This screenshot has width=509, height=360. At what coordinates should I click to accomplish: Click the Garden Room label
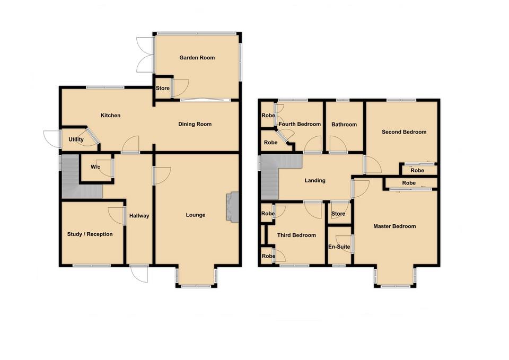coord(197,58)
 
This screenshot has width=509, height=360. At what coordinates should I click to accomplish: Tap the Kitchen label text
coord(111,116)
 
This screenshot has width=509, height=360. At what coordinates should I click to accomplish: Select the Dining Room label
coord(195,125)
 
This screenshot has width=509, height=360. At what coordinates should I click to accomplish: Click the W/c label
coord(95,168)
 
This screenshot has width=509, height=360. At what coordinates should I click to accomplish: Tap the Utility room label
coord(76,140)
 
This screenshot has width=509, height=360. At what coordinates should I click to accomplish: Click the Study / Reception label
coord(90,234)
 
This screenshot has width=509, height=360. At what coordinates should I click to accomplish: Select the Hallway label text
coord(139,216)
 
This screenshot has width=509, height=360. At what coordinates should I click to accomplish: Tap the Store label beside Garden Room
coord(162,89)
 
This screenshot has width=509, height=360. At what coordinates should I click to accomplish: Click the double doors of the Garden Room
coord(144,54)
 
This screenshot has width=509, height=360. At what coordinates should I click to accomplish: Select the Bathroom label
coord(344,125)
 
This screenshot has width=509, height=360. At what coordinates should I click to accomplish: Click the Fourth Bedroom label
coord(300,125)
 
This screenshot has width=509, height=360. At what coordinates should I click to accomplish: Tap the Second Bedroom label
coord(404,133)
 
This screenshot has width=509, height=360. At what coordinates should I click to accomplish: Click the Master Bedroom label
coord(394,226)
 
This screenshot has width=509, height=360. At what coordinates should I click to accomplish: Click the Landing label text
coord(314,181)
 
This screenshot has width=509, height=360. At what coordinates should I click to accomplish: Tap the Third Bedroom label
coord(296,235)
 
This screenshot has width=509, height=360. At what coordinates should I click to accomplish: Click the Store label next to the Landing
coord(338,214)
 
